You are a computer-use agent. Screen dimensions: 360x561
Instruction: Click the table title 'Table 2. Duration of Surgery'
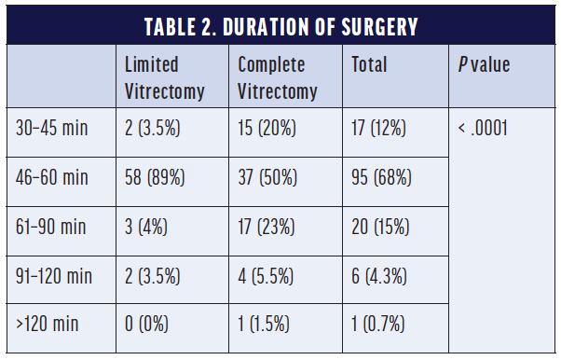(280, 25)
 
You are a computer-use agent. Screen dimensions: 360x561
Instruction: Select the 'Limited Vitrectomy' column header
(153, 77)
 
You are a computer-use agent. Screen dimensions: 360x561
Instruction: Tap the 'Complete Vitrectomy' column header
(278, 77)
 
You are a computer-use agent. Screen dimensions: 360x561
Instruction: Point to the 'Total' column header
(369, 65)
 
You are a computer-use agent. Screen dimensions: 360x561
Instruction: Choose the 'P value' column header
(484, 65)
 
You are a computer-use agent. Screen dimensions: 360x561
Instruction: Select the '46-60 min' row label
(52, 177)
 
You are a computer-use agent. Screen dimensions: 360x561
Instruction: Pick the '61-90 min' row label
(51, 227)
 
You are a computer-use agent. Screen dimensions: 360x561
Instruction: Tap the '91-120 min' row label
(55, 276)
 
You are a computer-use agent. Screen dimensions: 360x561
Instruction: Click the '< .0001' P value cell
(483, 128)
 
